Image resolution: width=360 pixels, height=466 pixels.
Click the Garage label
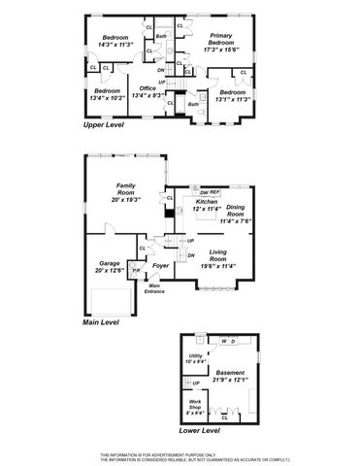(108, 263)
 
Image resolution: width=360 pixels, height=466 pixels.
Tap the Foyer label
(161, 265)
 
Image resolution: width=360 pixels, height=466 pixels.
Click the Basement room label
(231, 372)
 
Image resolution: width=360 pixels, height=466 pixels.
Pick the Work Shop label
(193, 404)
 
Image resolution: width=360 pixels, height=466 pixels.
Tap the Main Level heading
(104, 320)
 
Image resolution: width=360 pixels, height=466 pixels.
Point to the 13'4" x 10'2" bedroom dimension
(107, 97)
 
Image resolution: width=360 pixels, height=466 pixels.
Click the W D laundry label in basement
(229, 342)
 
